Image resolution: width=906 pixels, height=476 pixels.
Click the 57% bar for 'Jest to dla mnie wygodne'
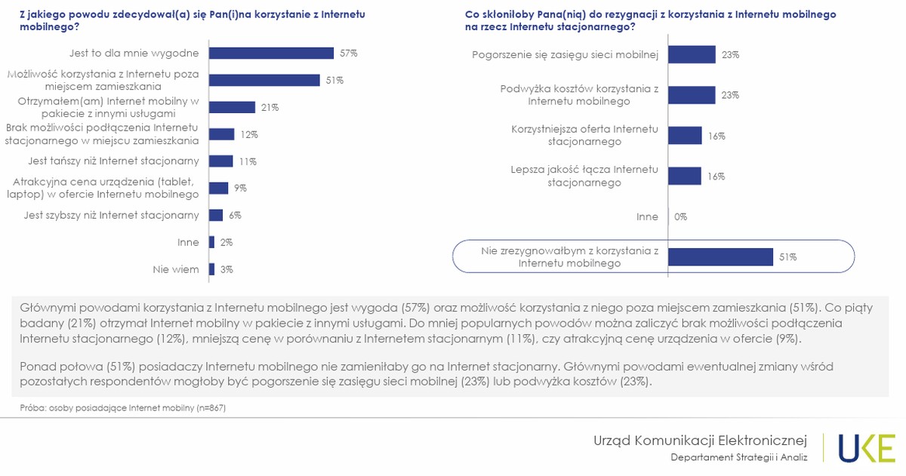coord(271,53)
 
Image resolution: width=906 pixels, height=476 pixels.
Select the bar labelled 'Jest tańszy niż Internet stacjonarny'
coord(221,161)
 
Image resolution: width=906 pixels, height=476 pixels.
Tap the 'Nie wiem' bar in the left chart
coord(212,269)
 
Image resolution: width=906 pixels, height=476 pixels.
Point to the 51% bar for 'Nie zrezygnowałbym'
coord(720,256)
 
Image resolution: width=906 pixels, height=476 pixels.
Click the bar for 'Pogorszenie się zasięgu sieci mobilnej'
coord(692,54)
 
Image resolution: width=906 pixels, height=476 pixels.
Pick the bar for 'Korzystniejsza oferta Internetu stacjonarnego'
coord(685,135)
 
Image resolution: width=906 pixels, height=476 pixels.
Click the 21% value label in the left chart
coord(270,107)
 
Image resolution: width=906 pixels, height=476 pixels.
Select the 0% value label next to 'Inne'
coord(680,217)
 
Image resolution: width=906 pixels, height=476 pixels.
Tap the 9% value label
coord(240,188)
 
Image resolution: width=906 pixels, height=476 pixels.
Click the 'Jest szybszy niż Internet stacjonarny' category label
coord(112,215)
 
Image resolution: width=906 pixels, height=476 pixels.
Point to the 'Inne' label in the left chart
coord(187,242)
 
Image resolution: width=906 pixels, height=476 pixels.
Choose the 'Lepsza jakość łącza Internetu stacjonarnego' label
coord(584,176)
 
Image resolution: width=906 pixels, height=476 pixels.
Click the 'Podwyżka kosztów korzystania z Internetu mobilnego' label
coord(579,95)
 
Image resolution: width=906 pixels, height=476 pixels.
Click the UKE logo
coord(866,447)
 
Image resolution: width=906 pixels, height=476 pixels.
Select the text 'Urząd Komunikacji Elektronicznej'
coord(700,440)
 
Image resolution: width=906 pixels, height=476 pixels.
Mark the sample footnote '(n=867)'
coord(211,408)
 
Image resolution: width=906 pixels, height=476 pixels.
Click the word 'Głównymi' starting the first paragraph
coord(46,308)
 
